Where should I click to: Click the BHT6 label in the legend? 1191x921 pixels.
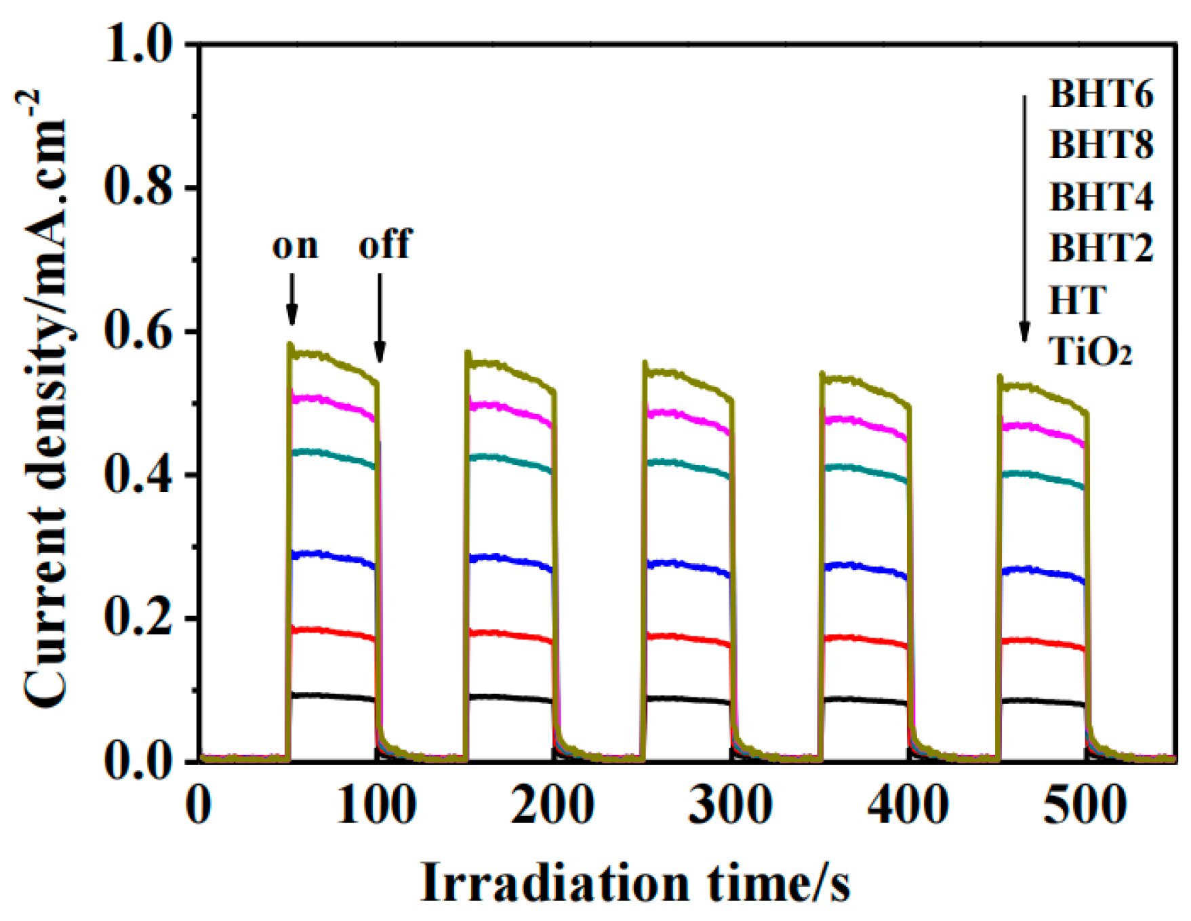1100,94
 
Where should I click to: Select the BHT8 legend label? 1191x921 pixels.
1100,145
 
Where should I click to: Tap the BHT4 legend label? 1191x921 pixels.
1100,197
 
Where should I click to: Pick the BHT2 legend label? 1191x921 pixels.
1100,247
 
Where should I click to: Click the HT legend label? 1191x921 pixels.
1077,300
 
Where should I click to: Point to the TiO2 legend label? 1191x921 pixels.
1089,351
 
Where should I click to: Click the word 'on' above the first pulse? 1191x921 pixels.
295,245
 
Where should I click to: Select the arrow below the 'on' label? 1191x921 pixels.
291,299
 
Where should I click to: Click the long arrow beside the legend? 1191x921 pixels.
1024,217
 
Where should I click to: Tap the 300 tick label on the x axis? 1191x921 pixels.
730,806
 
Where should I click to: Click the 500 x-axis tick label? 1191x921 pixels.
1085,806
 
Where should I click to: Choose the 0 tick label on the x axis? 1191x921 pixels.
199,806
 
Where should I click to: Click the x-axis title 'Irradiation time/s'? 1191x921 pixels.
635,883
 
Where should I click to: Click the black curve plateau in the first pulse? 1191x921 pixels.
332,696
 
